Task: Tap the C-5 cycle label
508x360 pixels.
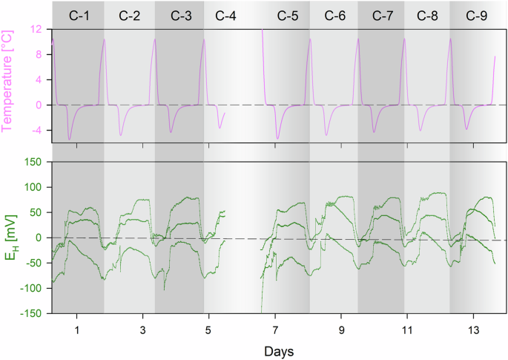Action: pyautogui.click(x=288, y=15)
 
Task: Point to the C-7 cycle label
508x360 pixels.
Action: pyautogui.click(x=383, y=15)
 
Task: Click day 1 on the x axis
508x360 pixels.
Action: pyautogui.click(x=76, y=327)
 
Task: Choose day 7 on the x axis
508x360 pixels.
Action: pyautogui.click(x=275, y=327)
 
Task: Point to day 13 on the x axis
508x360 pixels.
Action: pyautogui.click(x=473, y=327)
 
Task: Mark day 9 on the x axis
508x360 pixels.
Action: pyautogui.click(x=341, y=327)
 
